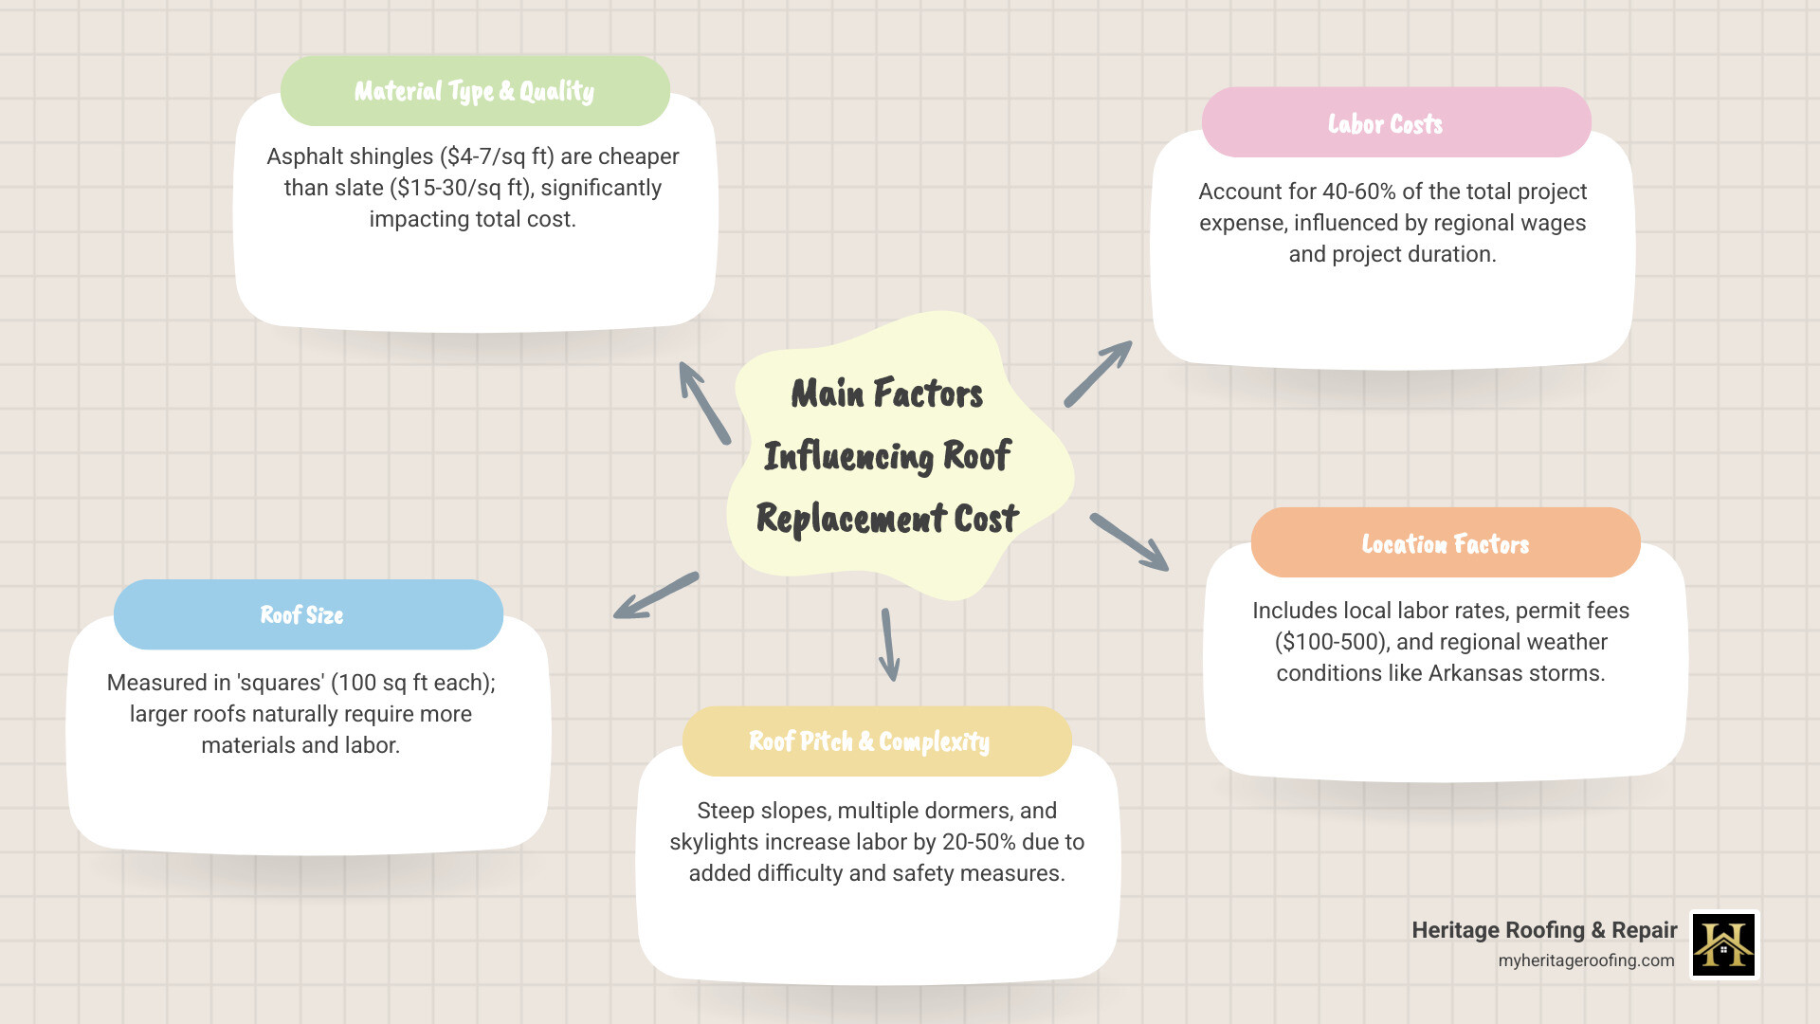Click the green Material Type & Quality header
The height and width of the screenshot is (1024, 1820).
(475, 91)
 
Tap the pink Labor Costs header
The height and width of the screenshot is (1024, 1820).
(1395, 123)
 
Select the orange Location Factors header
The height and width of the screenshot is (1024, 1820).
(1445, 543)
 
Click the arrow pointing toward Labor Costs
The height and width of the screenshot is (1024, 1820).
(1098, 374)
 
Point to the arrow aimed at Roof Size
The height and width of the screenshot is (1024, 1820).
(655, 595)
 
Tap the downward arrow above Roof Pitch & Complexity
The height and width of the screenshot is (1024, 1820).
(888, 645)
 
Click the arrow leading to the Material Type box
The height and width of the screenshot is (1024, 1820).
(704, 403)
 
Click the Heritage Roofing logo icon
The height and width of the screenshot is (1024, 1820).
(1723, 944)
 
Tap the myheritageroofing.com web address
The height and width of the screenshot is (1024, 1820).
(1586, 960)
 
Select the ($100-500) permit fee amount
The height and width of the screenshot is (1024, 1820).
(1331, 642)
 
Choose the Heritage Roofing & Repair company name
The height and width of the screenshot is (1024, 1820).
(1544, 930)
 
